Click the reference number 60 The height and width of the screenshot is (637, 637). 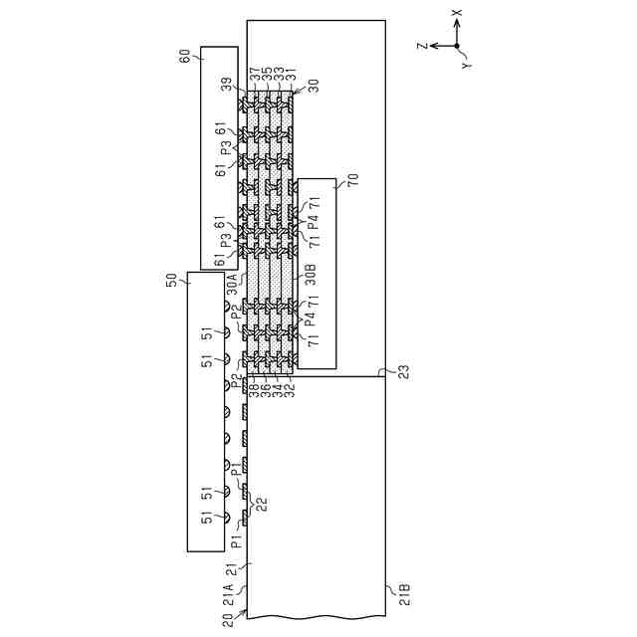(184, 57)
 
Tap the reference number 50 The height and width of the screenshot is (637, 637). (170, 282)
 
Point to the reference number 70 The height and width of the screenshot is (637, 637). (352, 180)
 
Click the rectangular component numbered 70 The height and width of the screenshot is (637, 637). (318, 274)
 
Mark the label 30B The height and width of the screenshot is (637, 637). (310, 270)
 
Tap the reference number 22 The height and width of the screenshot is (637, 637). (263, 504)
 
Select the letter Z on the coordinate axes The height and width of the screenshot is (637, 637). (423, 46)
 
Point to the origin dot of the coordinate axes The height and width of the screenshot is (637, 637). (457, 46)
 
